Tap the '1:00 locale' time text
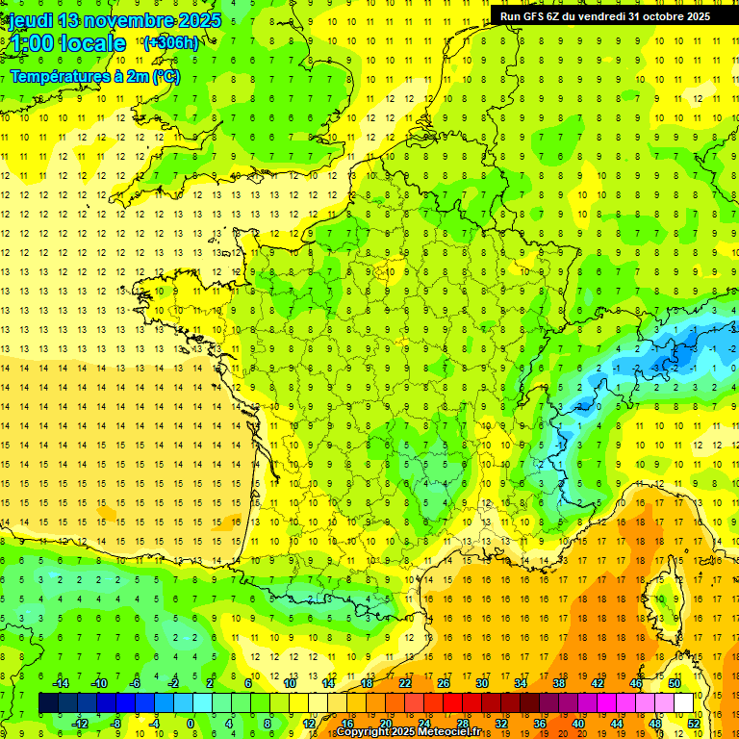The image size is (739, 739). point(65,43)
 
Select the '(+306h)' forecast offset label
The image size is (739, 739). point(170,42)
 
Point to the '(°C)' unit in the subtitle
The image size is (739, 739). point(164,76)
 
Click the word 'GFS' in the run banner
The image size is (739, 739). point(537,16)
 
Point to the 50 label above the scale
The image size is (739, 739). point(674,683)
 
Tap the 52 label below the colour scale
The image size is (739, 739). point(694,724)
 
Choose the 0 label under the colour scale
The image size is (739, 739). point(191,724)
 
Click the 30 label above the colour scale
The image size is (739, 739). point(481,683)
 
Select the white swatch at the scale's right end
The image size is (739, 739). point(684,703)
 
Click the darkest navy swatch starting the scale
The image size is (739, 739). point(48,703)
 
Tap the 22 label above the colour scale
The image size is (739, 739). point(404,683)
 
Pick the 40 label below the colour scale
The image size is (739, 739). point(578,724)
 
